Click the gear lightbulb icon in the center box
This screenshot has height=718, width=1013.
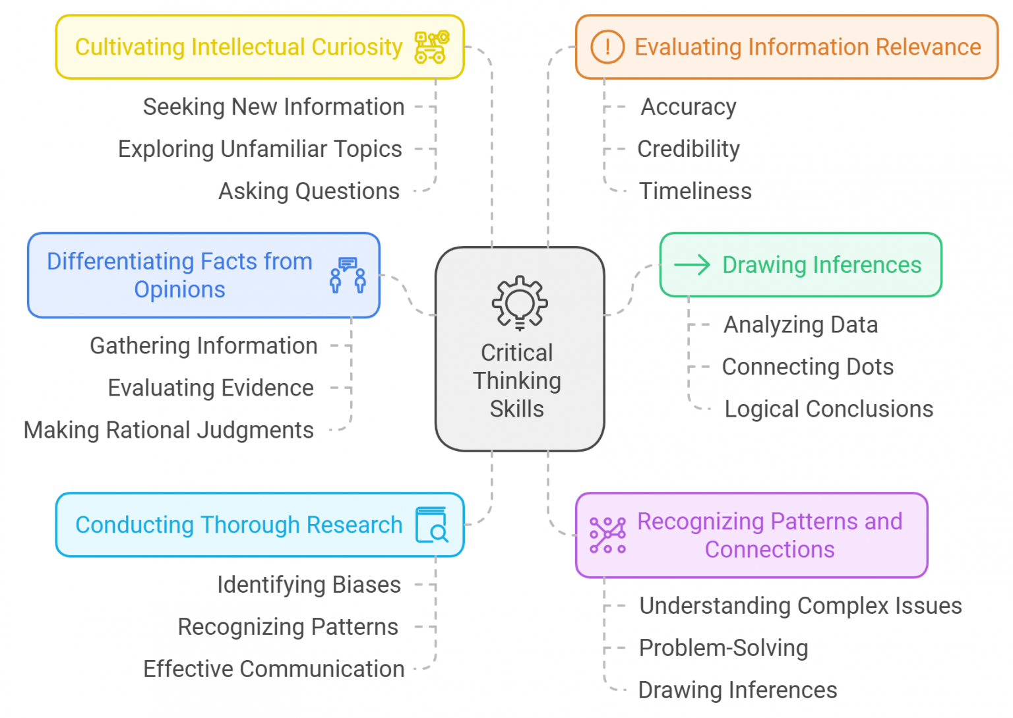520,302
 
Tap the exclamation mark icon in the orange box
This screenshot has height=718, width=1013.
607,47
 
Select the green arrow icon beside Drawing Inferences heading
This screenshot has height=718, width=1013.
692,264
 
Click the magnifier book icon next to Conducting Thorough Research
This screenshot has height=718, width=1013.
432,525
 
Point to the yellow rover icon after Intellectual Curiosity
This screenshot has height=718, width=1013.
432,47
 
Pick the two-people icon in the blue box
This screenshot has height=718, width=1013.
348,276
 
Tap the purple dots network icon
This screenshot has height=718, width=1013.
607,535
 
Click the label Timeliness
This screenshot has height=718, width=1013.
695,191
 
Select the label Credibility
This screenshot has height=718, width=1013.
688,149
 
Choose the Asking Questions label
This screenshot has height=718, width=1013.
309,191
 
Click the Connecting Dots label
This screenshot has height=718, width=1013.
807,367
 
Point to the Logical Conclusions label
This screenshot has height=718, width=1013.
828,409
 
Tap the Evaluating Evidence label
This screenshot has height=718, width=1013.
210,388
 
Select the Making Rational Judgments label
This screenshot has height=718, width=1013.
169,430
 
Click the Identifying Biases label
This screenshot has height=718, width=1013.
309,585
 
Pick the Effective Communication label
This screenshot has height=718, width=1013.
274,669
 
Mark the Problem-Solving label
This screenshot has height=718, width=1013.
723,648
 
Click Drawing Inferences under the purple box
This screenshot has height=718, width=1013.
737,690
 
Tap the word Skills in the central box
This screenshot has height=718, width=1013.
516,409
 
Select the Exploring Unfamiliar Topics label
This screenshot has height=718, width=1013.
260,149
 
